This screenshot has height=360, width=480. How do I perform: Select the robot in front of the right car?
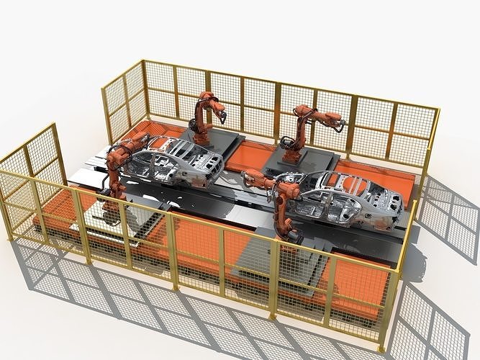(286, 205)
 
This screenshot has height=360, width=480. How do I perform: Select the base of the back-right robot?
(291, 156)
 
